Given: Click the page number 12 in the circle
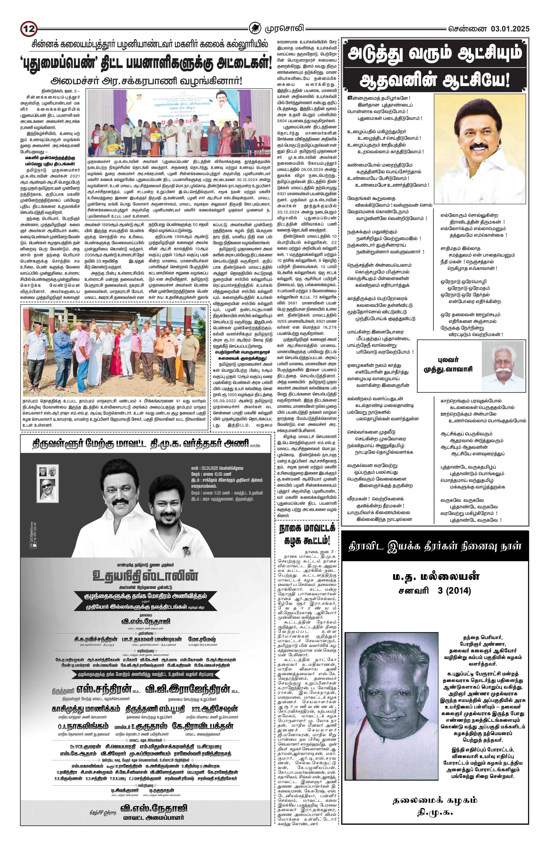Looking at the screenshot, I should click(28, 28).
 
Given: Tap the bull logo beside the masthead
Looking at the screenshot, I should click(254, 28).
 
